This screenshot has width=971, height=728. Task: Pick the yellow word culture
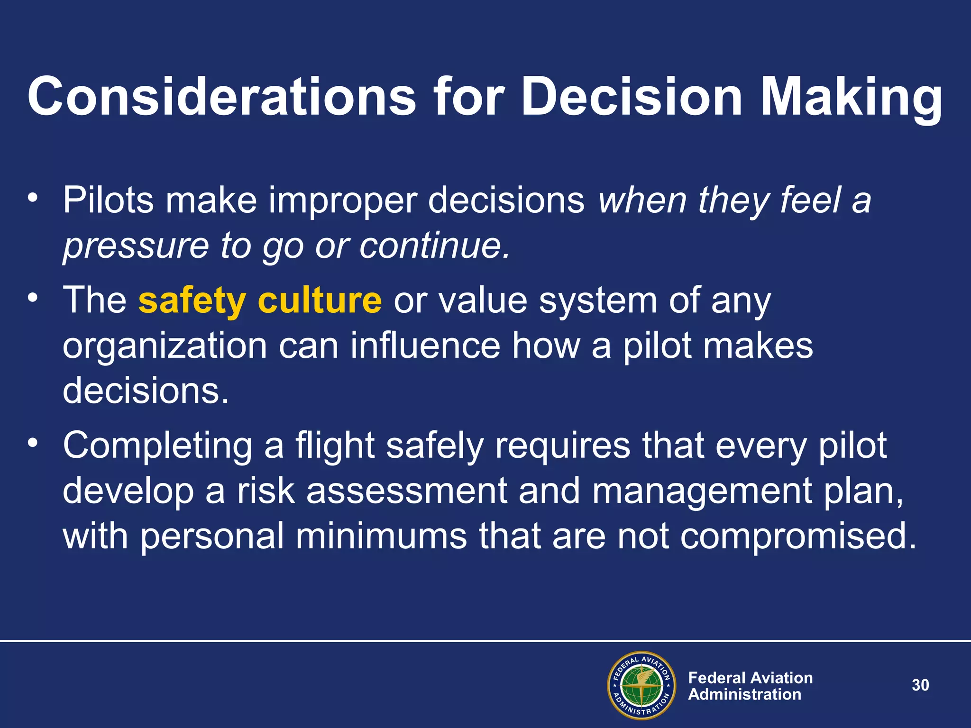(x=320, y=301)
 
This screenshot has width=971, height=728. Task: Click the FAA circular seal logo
(x=641, y=685)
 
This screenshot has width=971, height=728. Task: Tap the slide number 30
(x=920, y=685)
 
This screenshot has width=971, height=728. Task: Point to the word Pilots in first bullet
(x=108, y=200)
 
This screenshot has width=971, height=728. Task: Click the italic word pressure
(x=136, y=246)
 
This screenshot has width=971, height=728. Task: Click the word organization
(x=165, y=346)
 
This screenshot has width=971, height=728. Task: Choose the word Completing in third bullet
(x=157, y=446)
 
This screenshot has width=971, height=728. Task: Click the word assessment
(x=407, y=491)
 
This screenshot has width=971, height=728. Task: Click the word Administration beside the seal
(x=744, y=694)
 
